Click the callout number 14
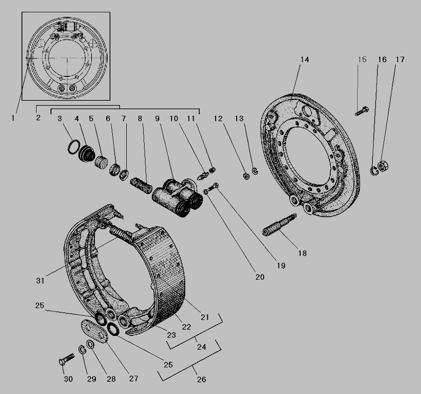(x=305, y=59)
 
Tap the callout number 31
(x=40, y=281)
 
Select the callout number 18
(x=302, y=253)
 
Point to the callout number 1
(x=13, y=118)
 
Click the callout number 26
(x=201, y=379)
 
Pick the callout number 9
(x=157, y=119)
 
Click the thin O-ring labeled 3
(x=73, y=147)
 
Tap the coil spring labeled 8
(x=141, y=186)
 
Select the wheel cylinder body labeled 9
(x=177, y=197)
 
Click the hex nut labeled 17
(x=383, y=166)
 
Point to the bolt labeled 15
(x=362, y=111)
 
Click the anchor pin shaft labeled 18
(x=279, y=225)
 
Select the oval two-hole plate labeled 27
(x=94, y=331)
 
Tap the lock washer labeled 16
(x=374, y=171)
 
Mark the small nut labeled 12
(x=246, y=177)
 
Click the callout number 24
(x=201, y=347)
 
